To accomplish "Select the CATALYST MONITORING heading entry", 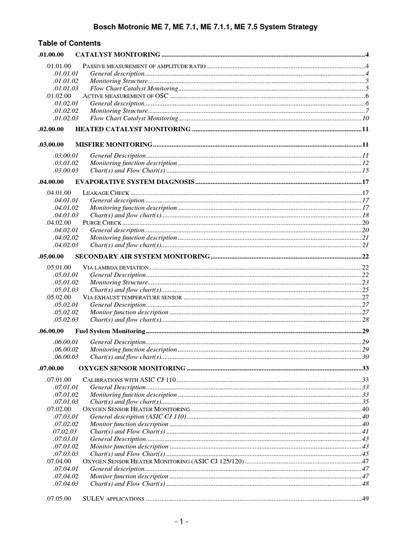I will tap(117, 54).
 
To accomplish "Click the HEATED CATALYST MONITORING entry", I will tap(133, 129).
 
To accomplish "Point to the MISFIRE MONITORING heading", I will tap(114, 144).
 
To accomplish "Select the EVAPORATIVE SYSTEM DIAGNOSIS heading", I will tap(135, 182).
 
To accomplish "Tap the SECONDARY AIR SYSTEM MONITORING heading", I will tap(143, 257).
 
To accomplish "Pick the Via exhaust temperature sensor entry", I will tap(132, 297).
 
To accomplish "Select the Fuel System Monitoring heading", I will tap(110, 331).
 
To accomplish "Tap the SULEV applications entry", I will tap(113, 499).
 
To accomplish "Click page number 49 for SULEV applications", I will tap(365, 499).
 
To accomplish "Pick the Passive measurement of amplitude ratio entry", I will tap(144, 66).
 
